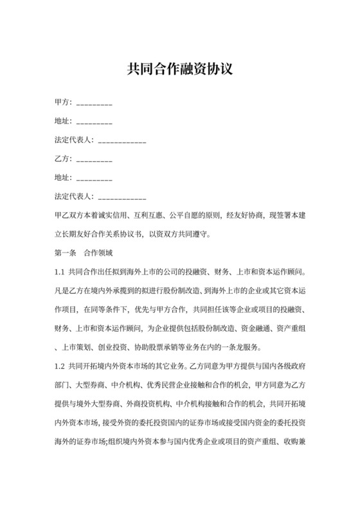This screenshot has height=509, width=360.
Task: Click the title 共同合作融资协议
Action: (179, 69)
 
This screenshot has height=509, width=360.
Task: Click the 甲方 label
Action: (62, 102)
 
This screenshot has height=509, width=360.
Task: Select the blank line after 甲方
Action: (94, 103)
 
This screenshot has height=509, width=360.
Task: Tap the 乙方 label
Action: (62, 158)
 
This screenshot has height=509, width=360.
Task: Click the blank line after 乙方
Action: (94, 159)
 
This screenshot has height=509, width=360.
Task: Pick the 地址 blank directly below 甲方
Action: (94, 122)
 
